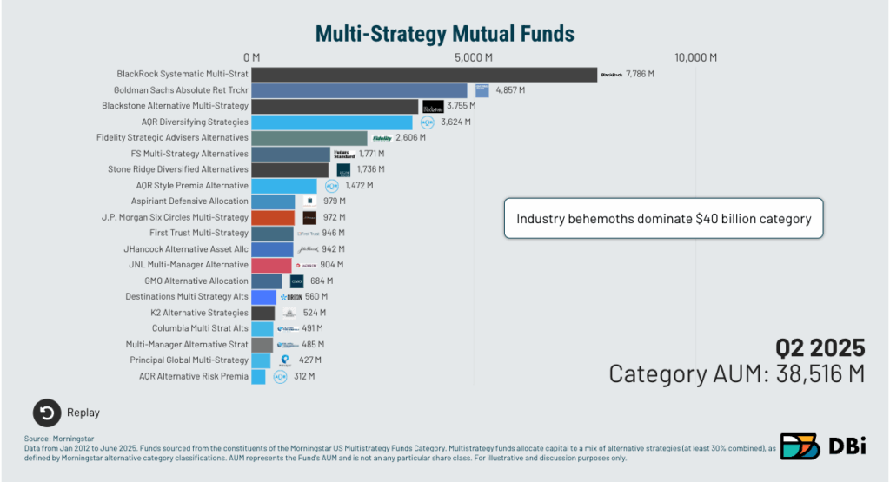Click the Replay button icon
pyautogui.click(x=47, y=413)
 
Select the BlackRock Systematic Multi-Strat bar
pyautogui.click(x=424, y=75)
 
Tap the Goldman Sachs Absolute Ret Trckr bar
pyautogui.click(x=359, y=90)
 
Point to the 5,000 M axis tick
pyautogui.click(x=475, y=57)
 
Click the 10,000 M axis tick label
pyautogui.click(x=695, y=57)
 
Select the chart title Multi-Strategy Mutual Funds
pyautogui.click(x=444, y=33)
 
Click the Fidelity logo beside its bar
pyautogui.click(x=382, y=138)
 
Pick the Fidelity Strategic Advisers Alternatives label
pyautogui.click(x=172, y=137)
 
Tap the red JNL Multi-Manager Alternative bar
pyautogui.click(x=271, y=265)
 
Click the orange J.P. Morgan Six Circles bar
pyautogui.click(x=273, y=217)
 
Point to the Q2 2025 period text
pyautogui.click(x=820, y=347)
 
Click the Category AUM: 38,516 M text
pyautogui.click(x=737, y=373)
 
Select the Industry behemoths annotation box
pyautogui.click(x=664, y=219)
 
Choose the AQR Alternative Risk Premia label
pyautogui.click(x=194, y=376)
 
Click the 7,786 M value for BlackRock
pyautogui.click(x=640, y=75)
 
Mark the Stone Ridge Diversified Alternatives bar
pyautogui.click(x=290, y=169)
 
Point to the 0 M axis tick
pyautogui.click(x=251, y=57)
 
